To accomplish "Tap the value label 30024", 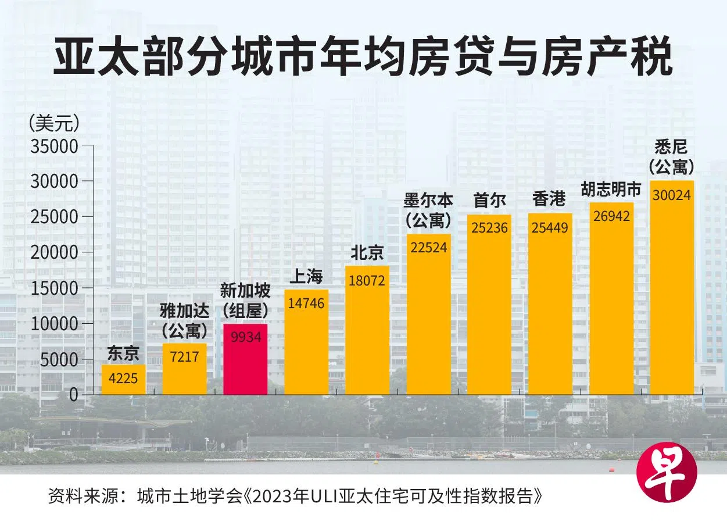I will click(671, 195).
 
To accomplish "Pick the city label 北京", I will click(367, 253).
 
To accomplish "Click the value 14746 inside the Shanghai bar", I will click(306, 304).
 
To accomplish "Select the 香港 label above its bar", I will click(549, 199).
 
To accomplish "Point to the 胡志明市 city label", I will click(611, 190).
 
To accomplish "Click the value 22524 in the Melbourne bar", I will click(428, 248).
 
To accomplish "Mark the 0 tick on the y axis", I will click(73, 395).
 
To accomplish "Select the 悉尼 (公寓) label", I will click(671, 156).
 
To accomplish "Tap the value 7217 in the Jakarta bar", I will click(184, 356).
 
